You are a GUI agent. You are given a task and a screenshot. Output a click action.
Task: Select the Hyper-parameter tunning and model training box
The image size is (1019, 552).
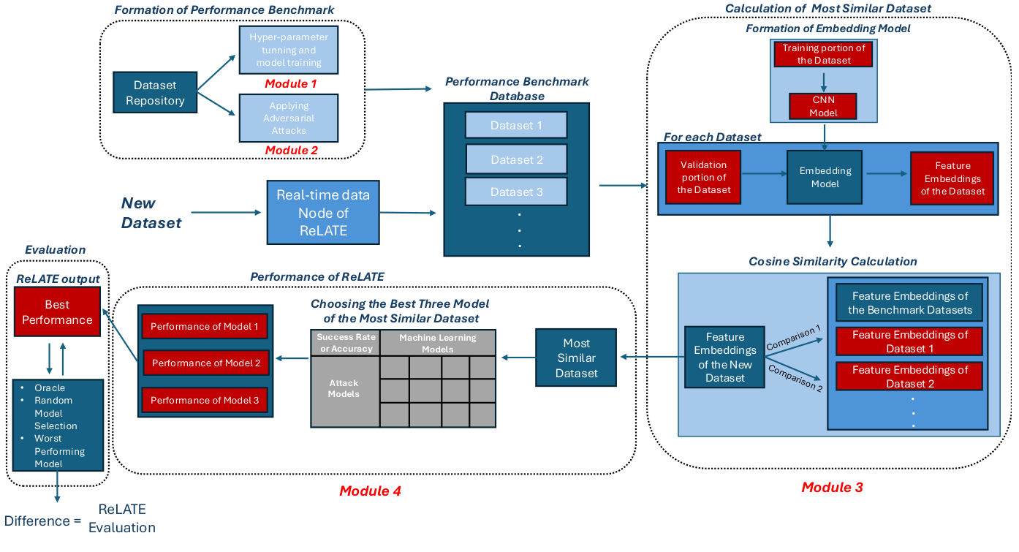(289, 50)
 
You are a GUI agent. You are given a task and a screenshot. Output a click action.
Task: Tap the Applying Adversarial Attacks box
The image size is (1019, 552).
(289, 118)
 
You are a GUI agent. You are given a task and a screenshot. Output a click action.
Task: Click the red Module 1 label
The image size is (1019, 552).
(290, 84)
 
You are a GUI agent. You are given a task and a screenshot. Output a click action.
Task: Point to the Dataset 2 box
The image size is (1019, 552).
(516, 159)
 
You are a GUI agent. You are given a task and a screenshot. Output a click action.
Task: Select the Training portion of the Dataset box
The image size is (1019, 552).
(823, 54)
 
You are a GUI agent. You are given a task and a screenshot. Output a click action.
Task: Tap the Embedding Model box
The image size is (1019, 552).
(825, 177)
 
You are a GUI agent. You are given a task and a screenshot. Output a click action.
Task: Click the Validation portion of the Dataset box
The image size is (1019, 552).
(702, 177)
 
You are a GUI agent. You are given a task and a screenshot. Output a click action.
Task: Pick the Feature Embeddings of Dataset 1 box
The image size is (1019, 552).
(909, 341)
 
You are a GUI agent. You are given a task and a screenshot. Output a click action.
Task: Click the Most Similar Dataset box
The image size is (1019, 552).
(576, 358)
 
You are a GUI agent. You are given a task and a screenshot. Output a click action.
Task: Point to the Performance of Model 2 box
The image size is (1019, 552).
(205, 363)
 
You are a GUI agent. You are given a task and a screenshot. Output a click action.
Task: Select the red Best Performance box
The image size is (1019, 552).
(57, 311)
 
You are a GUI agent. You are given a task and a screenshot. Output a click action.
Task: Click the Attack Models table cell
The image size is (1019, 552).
(344, 388)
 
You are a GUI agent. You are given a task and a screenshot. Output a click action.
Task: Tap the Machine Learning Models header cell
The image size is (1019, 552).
(437, 343)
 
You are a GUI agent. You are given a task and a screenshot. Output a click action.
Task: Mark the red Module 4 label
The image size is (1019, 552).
(370, 491)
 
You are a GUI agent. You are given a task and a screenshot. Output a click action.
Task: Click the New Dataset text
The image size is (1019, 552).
(151, 213)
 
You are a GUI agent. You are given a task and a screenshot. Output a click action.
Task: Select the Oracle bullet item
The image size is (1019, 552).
(50, 387)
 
